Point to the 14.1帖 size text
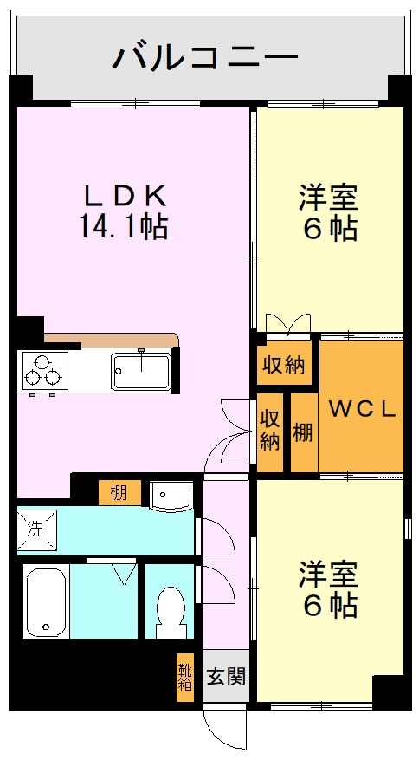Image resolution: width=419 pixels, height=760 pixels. click(124, 226)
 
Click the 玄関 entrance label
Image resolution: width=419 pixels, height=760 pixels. click(227, 675)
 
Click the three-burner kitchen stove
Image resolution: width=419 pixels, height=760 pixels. click(44, 370)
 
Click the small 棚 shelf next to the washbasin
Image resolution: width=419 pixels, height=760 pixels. click(118, 493)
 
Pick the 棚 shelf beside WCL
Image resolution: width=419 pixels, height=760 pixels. click(302, 432)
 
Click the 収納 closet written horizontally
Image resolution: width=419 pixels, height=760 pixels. click(285, 365)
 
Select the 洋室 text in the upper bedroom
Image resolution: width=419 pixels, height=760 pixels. click(329, 198)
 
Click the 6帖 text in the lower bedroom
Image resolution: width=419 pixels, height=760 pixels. click(330, 606)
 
